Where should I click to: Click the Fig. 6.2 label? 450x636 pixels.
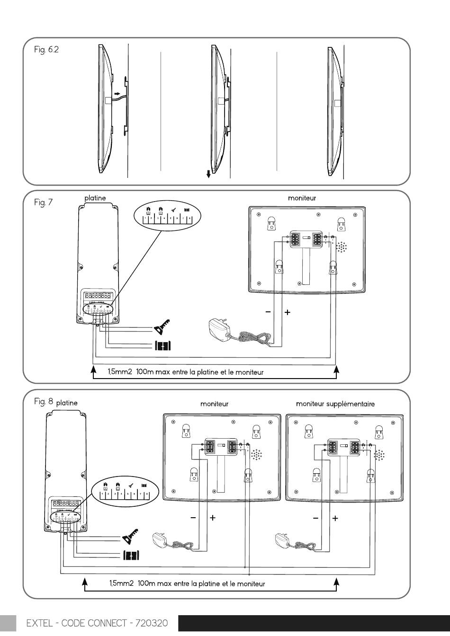[x=46, y=50]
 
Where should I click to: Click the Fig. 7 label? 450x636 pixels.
[x=43, y=203]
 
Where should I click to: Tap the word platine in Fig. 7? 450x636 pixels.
[x=95, y=198]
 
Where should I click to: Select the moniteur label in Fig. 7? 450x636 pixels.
[x=302, y=198]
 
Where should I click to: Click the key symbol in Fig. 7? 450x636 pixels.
[x=162, y=326]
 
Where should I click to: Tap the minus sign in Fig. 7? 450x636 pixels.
[x=268, y=312]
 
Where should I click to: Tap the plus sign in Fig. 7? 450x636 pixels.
[x=287, y=312]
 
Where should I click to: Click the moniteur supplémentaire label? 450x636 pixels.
[x=335, y=404]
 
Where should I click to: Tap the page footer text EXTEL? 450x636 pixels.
[x=40, y=623]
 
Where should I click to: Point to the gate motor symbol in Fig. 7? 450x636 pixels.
[x=162, y=345]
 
